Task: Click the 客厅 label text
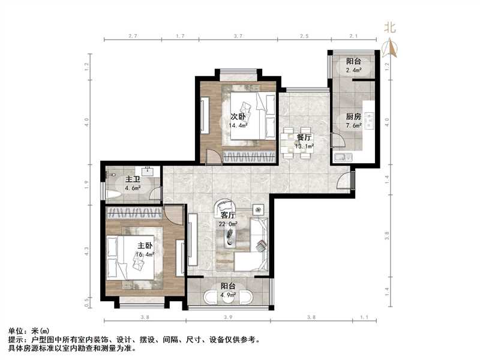[x=227, y=215]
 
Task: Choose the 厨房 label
[x=353, y=117]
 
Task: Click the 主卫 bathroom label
[x=133, y=179]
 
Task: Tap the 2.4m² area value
[x=354, y=70]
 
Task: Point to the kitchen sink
[x=341, y=157]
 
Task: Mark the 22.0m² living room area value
[x=227, y=223]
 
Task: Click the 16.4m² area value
[x=145, y=254]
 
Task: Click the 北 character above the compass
[x=391, y=27]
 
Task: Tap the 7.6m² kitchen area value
[x=353, y=126]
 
